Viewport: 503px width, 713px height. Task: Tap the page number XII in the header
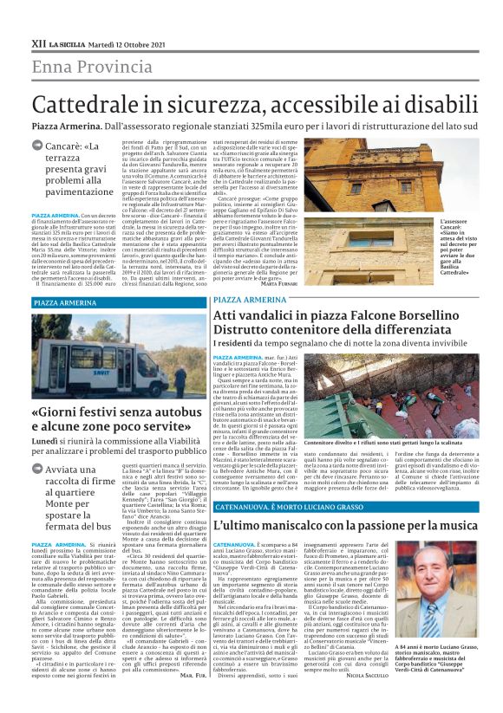point(38,42)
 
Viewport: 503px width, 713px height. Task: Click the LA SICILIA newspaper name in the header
point(67,43)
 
